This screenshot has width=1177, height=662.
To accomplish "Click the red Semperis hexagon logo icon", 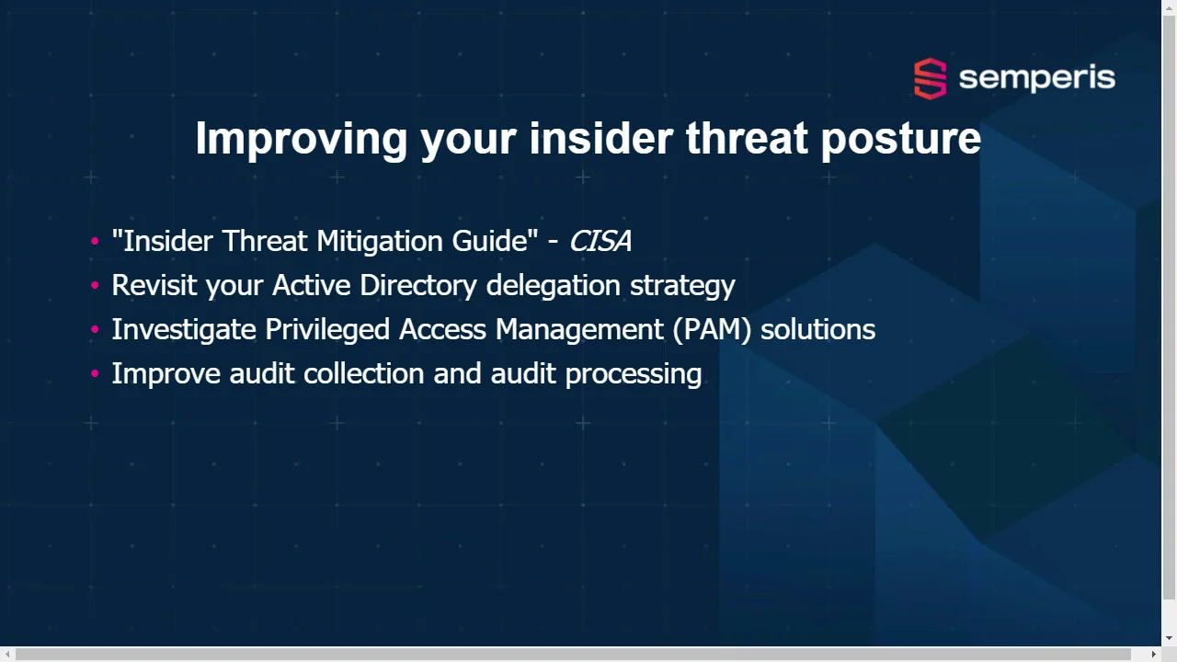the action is coord(930,78).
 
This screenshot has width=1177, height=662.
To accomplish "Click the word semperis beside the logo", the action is coord(1036,79).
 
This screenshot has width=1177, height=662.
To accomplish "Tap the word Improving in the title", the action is coord(302,139).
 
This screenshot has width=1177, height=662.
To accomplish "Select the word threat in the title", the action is coord(747,138).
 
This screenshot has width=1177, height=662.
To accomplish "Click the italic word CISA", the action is coord(600,241).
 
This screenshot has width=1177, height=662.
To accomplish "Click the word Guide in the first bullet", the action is coord(490,241).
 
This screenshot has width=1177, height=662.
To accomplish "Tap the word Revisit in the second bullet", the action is coord(154,285).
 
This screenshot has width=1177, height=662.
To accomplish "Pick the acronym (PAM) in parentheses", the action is coord(712,330).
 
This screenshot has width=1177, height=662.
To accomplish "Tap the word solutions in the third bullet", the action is coord(818,329).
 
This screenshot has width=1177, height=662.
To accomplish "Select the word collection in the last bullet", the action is coord(363,373).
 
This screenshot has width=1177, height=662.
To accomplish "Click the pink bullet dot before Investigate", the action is coord(95,329).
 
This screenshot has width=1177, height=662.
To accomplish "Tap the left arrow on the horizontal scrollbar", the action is coord(7,654).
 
